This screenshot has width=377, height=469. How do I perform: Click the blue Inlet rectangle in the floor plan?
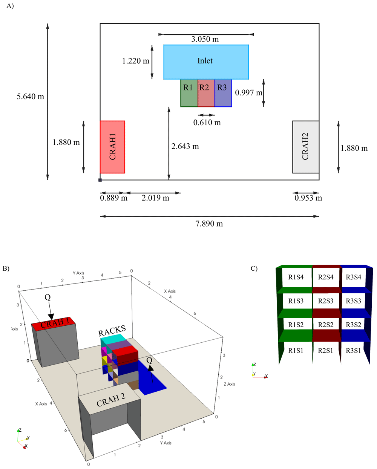click(206, 62)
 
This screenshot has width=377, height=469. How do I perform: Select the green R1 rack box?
click(189, 93)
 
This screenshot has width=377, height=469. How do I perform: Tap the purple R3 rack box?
click(223, 93)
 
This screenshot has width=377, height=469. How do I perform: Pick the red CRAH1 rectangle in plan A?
click(112, 147)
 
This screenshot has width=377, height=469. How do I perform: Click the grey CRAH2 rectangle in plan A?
click(306, 147)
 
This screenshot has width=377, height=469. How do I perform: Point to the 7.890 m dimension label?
click(209, 224)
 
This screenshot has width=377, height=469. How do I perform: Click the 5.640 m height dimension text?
click(30, 97)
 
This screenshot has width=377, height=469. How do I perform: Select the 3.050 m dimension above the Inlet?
click(205, 39)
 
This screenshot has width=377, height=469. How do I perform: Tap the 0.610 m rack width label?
click(207, 123)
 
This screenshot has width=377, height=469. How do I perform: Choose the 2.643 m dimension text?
click(185, 146)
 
